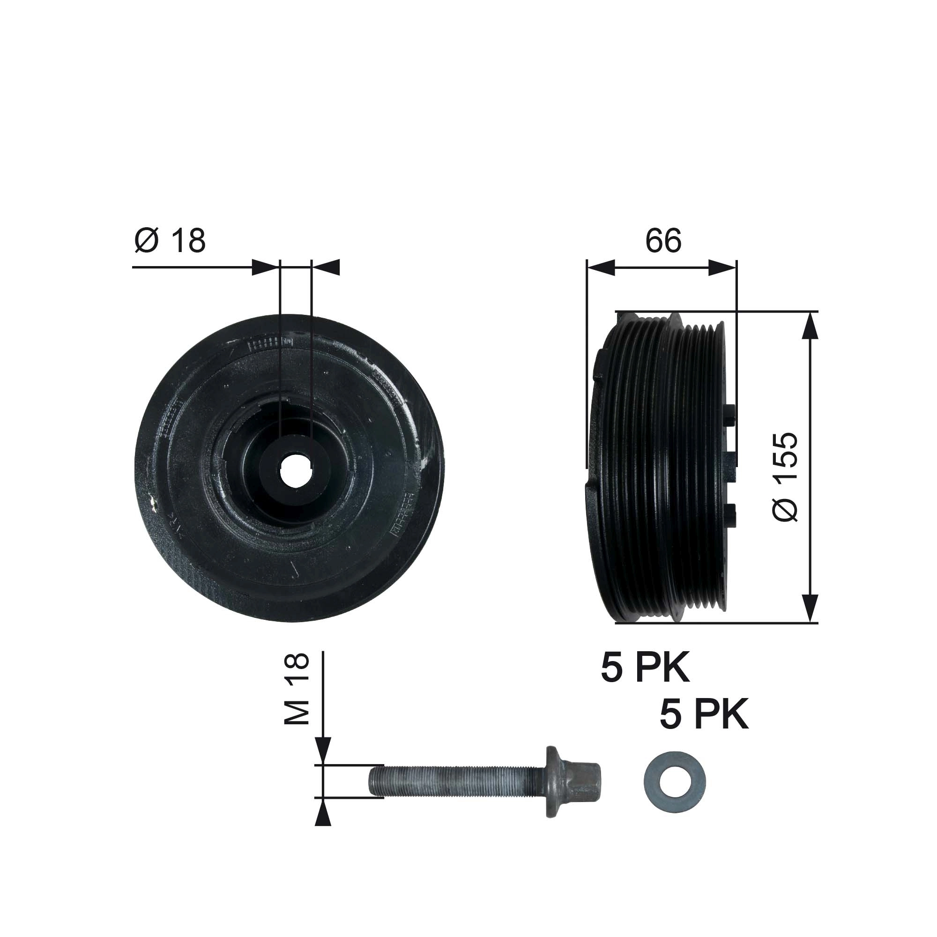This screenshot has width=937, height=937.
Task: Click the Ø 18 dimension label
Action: [170, 240]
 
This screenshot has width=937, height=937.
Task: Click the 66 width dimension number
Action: [663, 240]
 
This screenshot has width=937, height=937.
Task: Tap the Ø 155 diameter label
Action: [785, 477]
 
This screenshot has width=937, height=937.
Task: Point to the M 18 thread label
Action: [297, 689]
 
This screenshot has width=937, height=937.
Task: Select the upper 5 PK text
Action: [645, 669]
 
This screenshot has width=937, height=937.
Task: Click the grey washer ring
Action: [675, 782]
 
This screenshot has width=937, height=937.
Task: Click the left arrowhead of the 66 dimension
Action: [601, 268]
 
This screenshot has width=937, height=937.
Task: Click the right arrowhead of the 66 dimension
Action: [722, 268]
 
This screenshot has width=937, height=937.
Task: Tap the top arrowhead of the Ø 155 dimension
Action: [811, 326]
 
